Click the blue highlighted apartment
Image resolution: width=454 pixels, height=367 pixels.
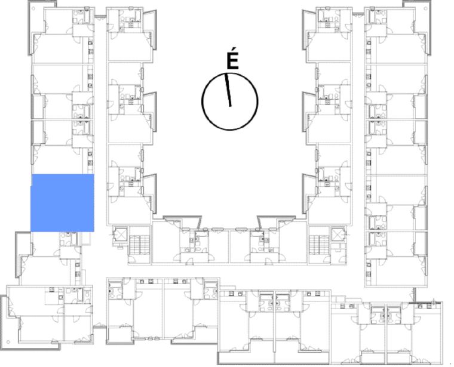62,203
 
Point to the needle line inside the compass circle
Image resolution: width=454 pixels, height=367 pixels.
228,90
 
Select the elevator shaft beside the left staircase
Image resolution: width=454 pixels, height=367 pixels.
120,235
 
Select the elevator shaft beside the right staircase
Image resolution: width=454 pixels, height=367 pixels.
339,235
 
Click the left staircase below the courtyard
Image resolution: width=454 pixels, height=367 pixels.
139,245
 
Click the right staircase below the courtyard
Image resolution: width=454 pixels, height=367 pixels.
320,245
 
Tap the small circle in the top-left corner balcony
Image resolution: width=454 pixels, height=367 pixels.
33,8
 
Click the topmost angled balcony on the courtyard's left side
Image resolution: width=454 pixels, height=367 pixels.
150,29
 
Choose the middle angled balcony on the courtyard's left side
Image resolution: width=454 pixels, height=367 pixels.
150,112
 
